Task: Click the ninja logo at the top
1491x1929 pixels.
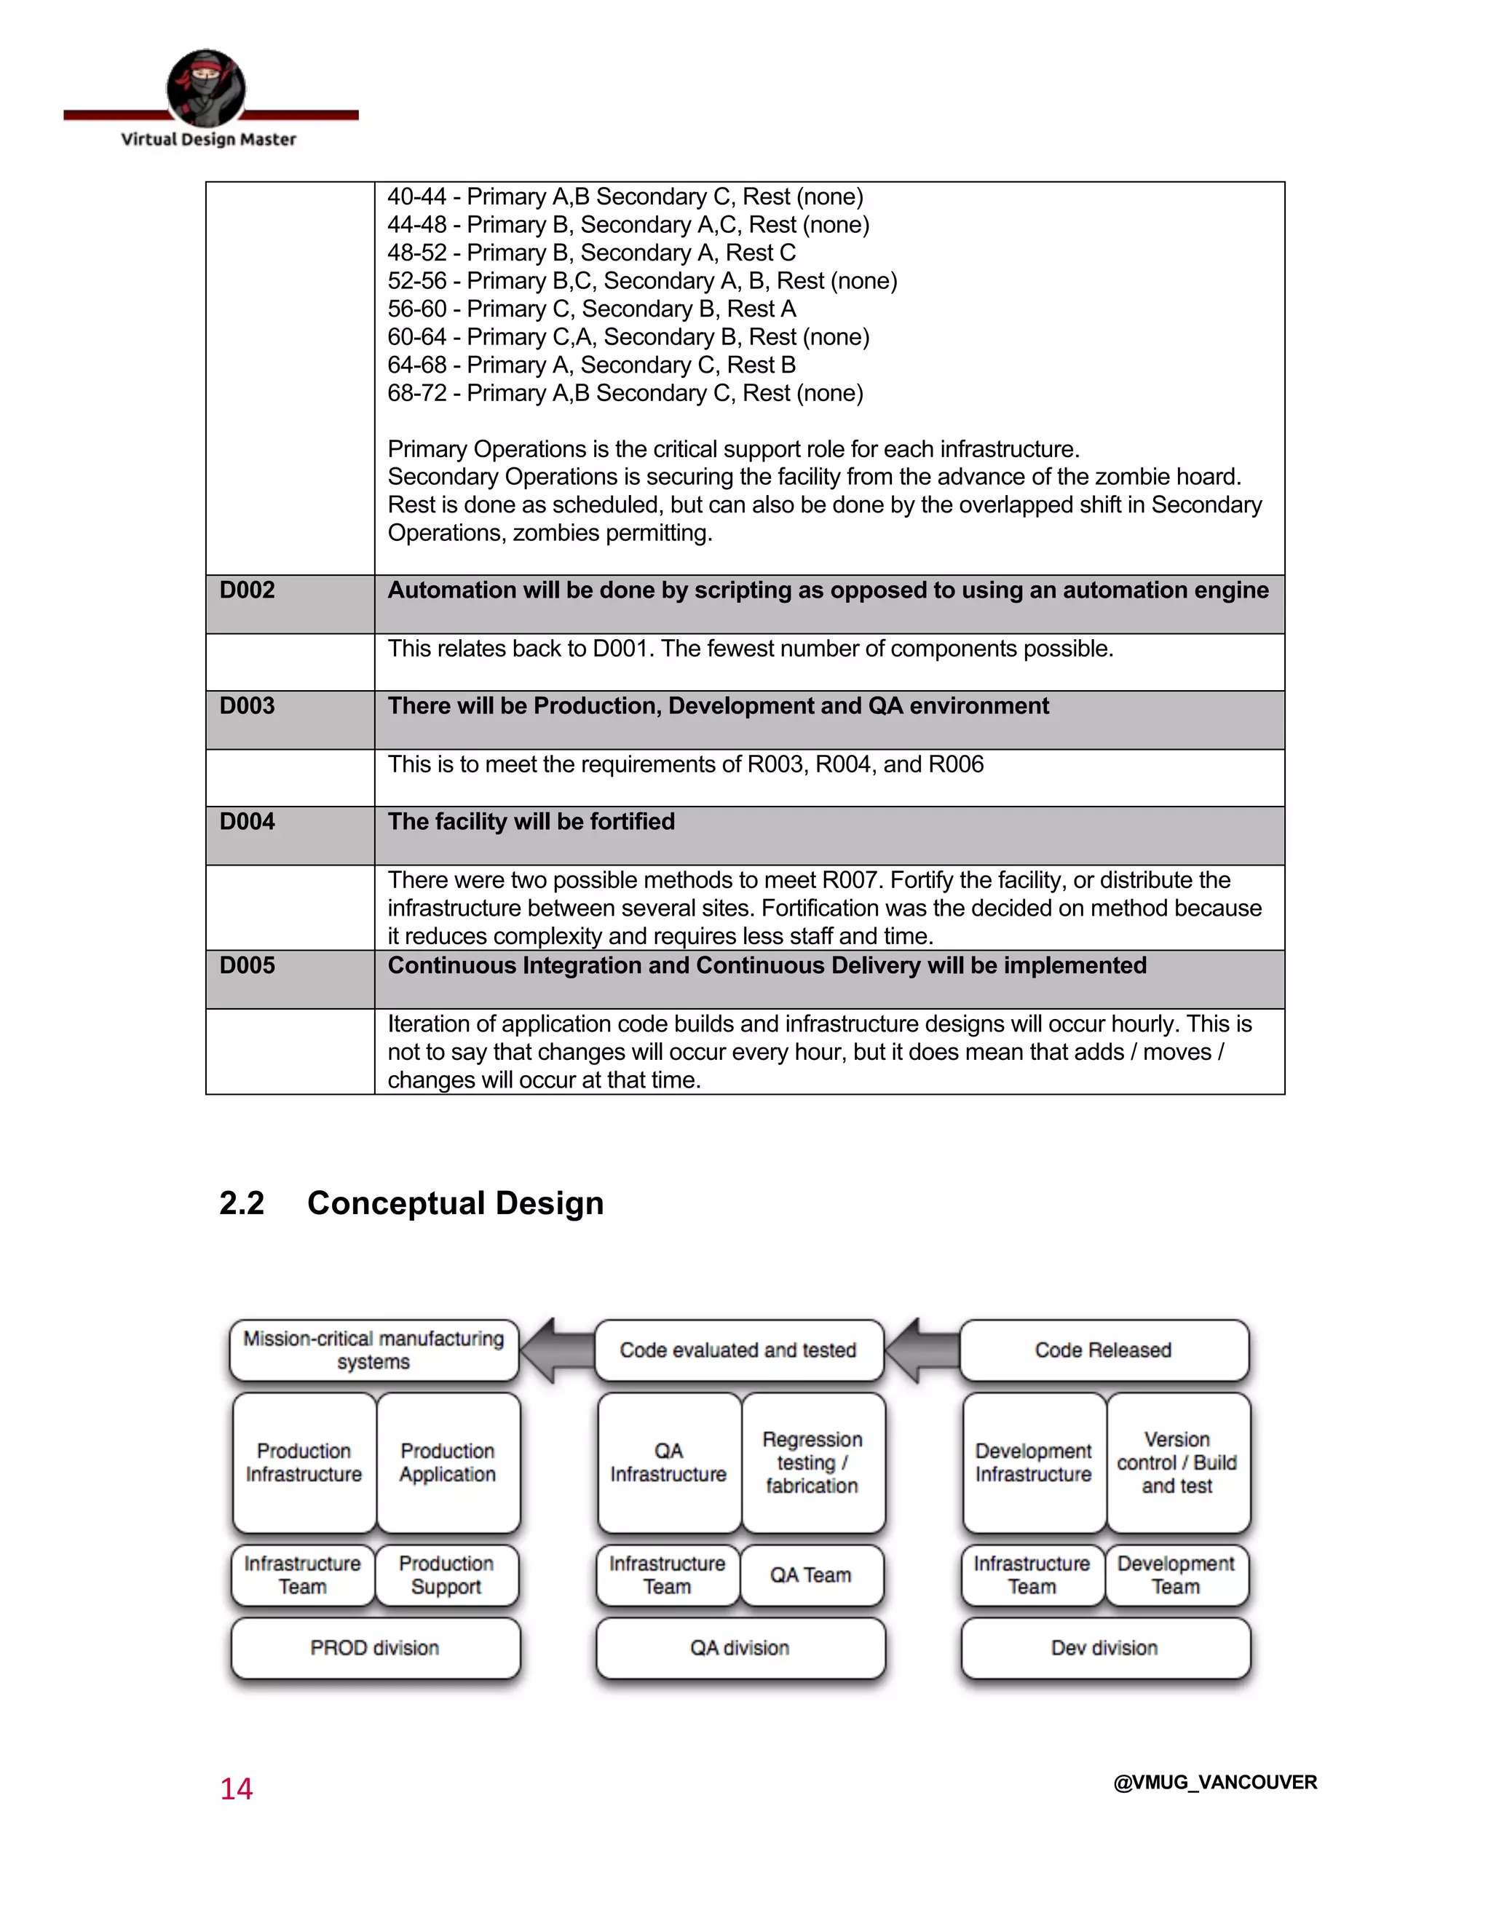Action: click(x=206, y=87)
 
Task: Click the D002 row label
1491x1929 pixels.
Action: click(x=248, y=590)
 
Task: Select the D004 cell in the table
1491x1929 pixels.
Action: click(x=248, y=821)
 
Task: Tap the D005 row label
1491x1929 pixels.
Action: click(x=248, y=965)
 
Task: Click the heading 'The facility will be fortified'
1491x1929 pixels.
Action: click(x=531, y=821)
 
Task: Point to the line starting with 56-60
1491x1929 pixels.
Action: click(x=591, y=309)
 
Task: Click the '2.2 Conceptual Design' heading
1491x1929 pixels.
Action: click(x=411, y=1203)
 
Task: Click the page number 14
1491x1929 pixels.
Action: click(x=236, y=1789)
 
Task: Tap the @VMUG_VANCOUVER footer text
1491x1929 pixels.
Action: click(x=1214, y=1783)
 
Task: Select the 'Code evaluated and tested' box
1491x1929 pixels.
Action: click(x=738, y=1350)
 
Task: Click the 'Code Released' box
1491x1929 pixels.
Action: click(x=1103, y=1350)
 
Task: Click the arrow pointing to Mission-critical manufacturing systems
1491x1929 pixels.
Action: click(x=556, y=1350)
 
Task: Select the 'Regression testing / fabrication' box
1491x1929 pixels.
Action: click(x=812, y=1462)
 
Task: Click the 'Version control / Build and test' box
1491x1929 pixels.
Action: click(x=1177, y=1462)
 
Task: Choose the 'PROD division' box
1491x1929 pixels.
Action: click(x=374, y=1648)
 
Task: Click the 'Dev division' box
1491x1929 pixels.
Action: click(x=1104, y=1648)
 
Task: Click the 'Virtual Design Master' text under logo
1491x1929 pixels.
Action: click(x=208, y=140)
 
